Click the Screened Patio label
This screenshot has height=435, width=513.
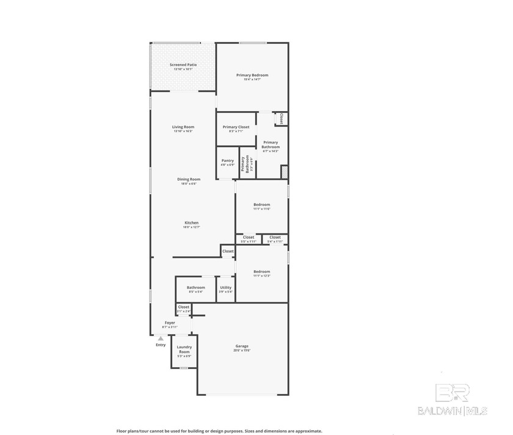pos(183,64)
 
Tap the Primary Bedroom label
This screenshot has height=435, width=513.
pos(252,75)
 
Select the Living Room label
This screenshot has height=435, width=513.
pos(183,127)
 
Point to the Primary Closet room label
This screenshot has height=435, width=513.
pos(236,127)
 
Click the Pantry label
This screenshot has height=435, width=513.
pos(227,161)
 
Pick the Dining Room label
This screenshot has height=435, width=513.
pos(189,179)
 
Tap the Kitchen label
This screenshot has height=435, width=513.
pos(191,223)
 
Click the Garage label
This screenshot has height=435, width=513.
pos(242,346)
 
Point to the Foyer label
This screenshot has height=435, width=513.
pos(170,323)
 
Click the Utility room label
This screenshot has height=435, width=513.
pos(226,287)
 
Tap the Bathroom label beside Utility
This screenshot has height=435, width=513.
pos(196,287)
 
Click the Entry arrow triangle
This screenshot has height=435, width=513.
pos(161,338)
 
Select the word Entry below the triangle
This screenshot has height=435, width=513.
pos(161,345)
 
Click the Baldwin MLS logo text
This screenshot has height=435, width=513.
pos(452,411)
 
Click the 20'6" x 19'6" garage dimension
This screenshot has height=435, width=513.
pos(242,351)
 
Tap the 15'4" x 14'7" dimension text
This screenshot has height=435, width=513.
pos(252,79)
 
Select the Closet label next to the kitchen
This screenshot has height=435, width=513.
pos(228,251)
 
